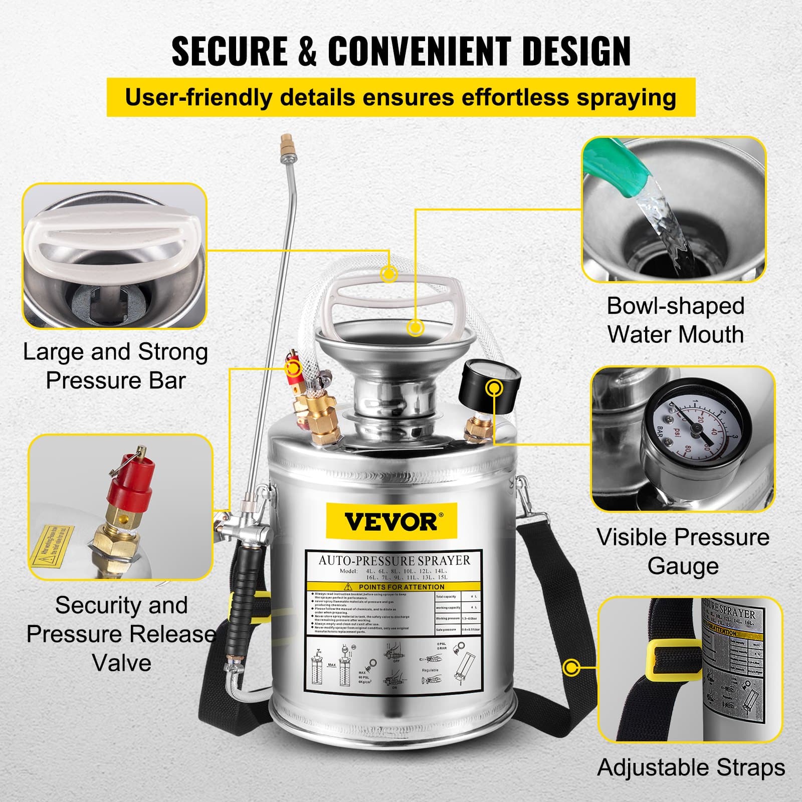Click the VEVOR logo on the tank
pos(390,521)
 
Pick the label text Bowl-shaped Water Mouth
pos(675,320)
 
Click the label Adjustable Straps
pos(691,767)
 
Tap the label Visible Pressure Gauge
pos(683,551)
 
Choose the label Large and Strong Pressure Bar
pos(115,366)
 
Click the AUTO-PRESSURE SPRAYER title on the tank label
pos(394,560)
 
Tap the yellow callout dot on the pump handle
pos(389,274)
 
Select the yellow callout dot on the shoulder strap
pos(571,668)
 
